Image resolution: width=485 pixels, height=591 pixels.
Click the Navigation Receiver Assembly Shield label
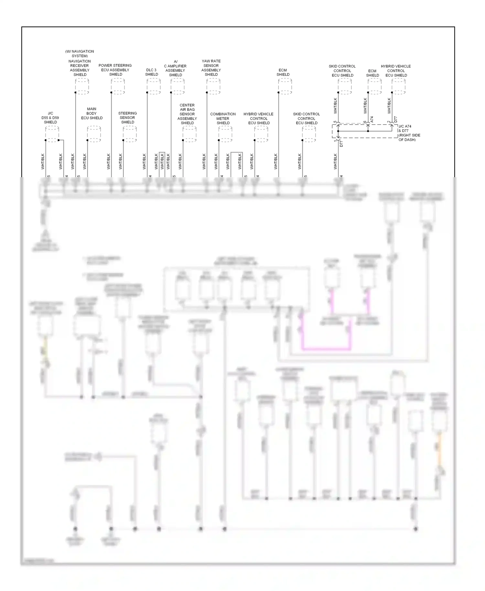pos(80,68)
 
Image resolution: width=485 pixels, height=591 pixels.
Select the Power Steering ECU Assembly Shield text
pos(115,70)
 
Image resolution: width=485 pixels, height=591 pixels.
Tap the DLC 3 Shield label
pos(151,72)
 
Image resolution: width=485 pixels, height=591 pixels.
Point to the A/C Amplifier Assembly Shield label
pos(175,68)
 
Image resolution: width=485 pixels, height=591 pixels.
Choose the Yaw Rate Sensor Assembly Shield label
pos(211,68)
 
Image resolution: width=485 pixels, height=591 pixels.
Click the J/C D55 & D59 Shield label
pos(50,118)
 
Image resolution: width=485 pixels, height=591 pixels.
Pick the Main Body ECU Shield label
pos(92,113)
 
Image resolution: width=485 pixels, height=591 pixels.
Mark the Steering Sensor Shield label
pos(127,118)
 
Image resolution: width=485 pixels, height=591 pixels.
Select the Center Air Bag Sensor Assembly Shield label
pos(187,114)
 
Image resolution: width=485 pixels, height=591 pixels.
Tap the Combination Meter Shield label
pos(223,118)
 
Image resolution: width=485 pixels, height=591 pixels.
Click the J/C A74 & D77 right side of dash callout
pos(409,133)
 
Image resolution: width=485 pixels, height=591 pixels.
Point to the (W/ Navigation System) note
pos(80,53)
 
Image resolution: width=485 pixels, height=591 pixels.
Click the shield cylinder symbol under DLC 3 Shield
pos(154,86)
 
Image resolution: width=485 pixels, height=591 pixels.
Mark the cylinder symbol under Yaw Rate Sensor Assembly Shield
pos(213,86)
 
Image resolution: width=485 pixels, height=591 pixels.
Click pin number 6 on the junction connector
pos(365,122)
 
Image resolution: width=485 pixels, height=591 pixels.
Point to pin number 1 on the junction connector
pos(335,141)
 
